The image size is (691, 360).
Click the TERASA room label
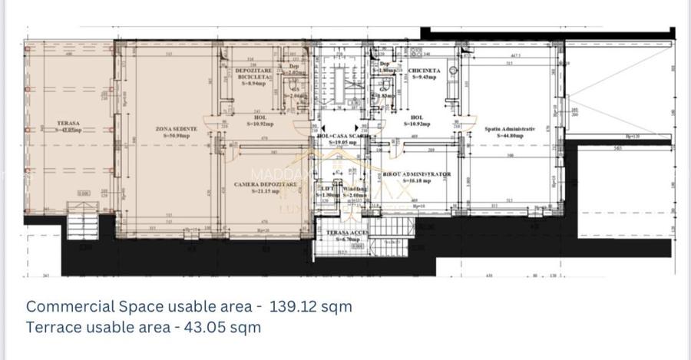[x=69, y=122]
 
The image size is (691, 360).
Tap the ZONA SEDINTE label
[x=176, y=128]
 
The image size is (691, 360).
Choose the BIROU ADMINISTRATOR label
[x=416, y=174]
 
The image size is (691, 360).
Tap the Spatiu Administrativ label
[x=508, y=128]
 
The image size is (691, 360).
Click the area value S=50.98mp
[x=176, y=136]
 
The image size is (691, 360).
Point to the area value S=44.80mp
[x=508, y=136]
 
